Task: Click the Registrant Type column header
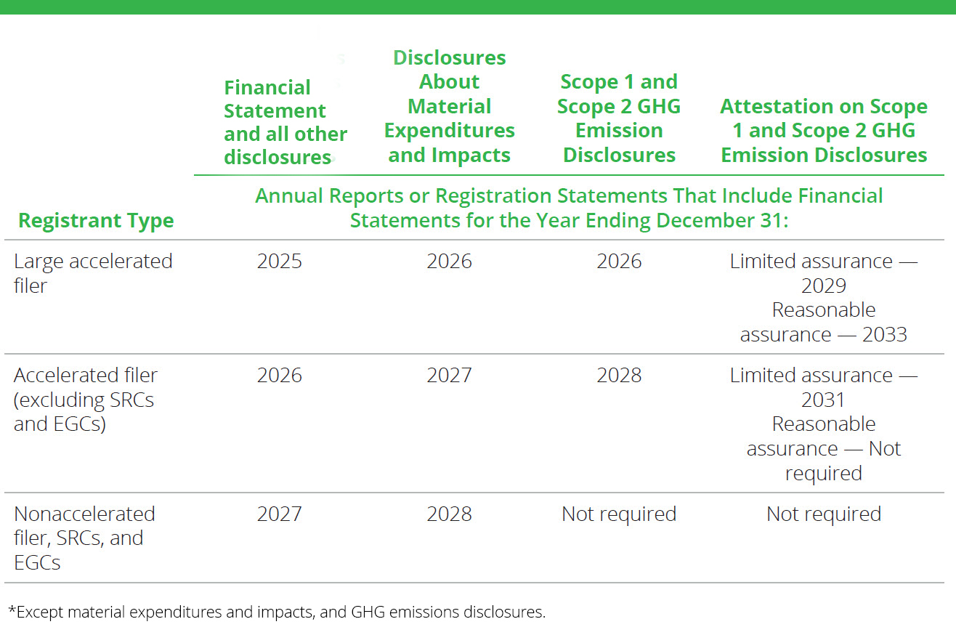click(96, 221)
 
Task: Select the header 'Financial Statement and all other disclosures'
click(285, 122)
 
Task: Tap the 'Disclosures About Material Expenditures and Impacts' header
click(449, 106)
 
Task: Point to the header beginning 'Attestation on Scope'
click(823, 131)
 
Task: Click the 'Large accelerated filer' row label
click(93, 273)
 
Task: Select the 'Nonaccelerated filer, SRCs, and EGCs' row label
click(84, 538)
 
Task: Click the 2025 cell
click(279, 262)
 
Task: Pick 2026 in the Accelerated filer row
click(279, 376)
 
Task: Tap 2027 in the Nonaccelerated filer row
click(279, 514)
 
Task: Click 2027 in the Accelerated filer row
click(449, 376)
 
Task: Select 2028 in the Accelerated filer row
click(619, 376)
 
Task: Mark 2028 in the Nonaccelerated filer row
click(449, 514)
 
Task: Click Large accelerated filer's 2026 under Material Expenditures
click(449, 262)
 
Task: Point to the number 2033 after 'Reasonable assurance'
click(884, 334)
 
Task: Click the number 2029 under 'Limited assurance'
click(823, 286)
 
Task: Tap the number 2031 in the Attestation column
click(823, 400)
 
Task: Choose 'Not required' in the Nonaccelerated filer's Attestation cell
click(823, 514)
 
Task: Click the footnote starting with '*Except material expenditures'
click(276, 612)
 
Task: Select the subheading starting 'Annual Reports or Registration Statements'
click(569, 208)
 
